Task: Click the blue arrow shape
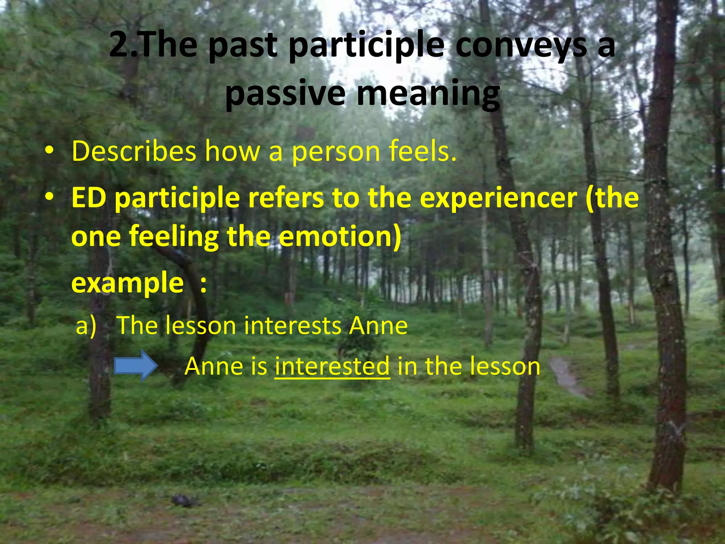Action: point(136,366)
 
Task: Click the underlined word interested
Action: point(332,367)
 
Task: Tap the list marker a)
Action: point(86,326)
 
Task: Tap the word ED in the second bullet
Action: point(89,198)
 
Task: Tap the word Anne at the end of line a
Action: point(378,326)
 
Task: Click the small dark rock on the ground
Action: point(184,500)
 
